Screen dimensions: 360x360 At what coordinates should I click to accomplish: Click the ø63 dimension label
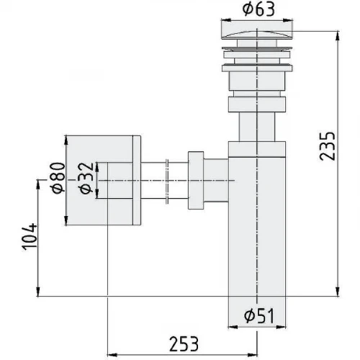(258, 9)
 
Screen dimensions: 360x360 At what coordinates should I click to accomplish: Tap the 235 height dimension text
(327, 145)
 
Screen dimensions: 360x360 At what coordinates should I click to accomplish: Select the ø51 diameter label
(259, 316)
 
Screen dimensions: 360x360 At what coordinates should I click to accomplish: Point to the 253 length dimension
(184, 344)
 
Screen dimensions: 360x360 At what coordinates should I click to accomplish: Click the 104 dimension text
(30, 237)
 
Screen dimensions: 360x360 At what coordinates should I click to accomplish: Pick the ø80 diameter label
(58, 178)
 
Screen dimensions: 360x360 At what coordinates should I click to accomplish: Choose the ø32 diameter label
(86, 178)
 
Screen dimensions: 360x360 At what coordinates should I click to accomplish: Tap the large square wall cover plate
(103, 181)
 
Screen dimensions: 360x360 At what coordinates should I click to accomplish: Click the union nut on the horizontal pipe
(196, 180)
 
